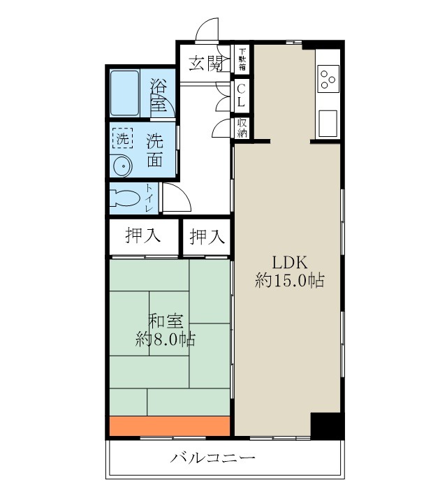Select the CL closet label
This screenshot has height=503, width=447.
tap(241, 95)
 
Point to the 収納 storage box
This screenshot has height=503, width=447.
tap(242, 128)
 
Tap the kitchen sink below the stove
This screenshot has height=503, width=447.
tap(327, 123)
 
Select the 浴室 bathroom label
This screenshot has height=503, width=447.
tap(159, 94)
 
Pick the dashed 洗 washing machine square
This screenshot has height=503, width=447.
tap(122, 138)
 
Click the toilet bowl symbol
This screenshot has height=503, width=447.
tap(125, 197)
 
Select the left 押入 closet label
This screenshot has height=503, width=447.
tap(142, 237)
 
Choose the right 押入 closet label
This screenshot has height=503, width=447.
tap(207, 237)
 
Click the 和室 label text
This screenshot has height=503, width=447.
tap(166, 322)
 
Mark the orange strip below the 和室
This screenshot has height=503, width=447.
tap(170, 425)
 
